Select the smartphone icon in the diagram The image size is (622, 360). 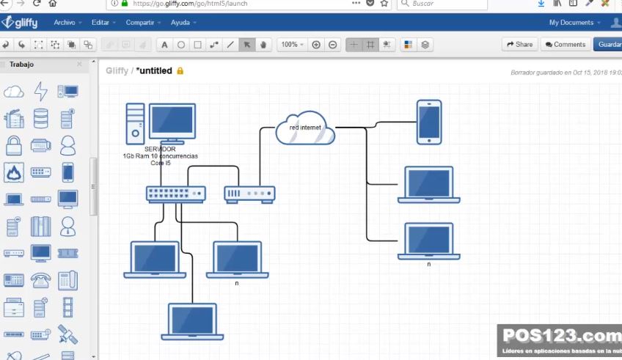click(x=429, y=122)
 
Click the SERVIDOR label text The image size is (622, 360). click(x=160, y=149)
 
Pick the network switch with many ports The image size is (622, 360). click(x=175, y=194)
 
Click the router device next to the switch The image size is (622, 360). click(x=249, y=194)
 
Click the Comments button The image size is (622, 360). click(x=564, y=45)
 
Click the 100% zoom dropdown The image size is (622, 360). click(x=292, y=45)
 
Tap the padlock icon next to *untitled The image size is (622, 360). click(x=180, y=71)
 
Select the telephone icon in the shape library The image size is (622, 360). click(x=41, y=279)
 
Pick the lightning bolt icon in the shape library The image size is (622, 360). click(x=41, y=92)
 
